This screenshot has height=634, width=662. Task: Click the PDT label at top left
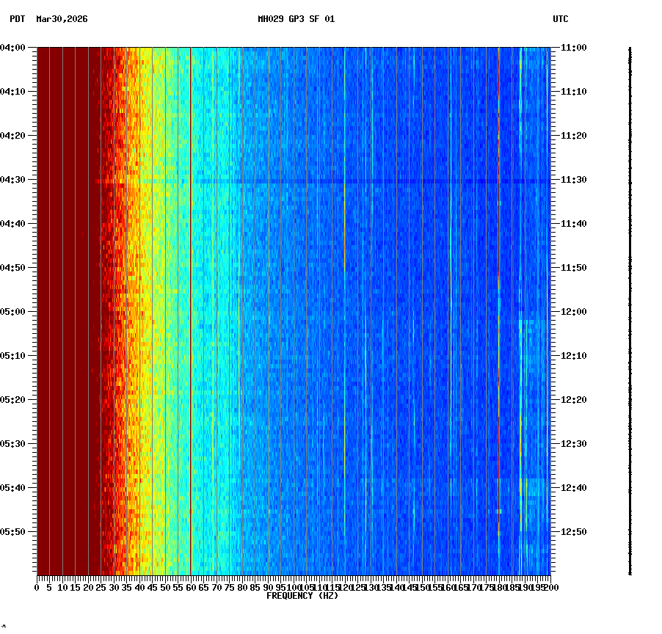(x=17, y=19)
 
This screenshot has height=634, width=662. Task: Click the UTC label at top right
(x=560, y=19)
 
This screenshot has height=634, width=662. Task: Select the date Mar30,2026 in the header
(x=62, y=19)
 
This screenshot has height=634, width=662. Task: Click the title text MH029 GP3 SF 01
(x=296, y=19)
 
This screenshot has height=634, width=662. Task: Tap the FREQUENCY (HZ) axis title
(x=302, y=596)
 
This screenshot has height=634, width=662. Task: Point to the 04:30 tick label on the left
(x=13, y=180)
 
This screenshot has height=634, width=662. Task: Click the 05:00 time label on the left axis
(x=13, y=312)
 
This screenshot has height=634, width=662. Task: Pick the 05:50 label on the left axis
(x=13, y=532)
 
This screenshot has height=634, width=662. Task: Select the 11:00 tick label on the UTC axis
(x=573, y=48)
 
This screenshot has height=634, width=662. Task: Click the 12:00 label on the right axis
(x=573, y=312)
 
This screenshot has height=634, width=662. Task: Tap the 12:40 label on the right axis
(x=573, y=488)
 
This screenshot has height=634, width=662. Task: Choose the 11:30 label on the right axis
(x=573, y=180)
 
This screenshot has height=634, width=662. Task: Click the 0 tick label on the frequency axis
(x=37, y=588)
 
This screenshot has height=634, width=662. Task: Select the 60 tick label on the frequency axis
(x=191, y=588)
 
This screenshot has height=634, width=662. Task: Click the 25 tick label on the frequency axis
(x=101, y=588)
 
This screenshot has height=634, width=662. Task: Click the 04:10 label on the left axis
(x=13, y=92)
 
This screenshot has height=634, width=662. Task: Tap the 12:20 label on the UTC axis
(x=573, y=400)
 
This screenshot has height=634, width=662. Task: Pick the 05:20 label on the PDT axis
(x=13, y=400)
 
